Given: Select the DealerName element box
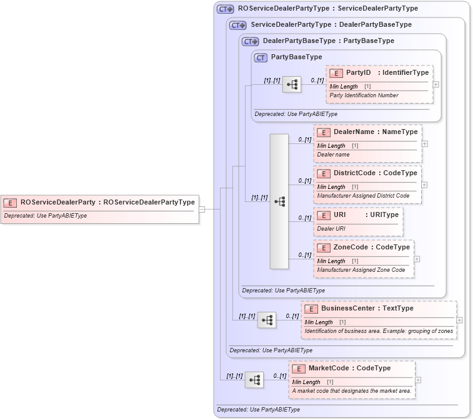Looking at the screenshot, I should click(367, 143).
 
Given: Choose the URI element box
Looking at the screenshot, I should click(358, 221).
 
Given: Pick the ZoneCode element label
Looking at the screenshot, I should click(354, 247).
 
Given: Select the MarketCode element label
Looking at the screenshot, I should click(339, 368).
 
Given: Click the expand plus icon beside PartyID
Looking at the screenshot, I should click(436, 84).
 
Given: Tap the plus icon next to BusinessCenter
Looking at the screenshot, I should click(459, 320).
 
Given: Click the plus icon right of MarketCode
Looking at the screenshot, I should click(418, 380).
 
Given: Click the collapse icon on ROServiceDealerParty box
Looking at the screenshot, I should click(202, 209).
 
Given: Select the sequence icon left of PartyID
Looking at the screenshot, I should click(291, 84).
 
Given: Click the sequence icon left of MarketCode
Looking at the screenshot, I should click(254, 380).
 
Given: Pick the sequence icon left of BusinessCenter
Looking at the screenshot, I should click(267, 320).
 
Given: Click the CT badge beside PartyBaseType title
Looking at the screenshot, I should click(261, 57).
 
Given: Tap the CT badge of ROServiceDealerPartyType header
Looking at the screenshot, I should click(226, 9).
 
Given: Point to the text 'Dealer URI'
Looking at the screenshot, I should click(331, 229).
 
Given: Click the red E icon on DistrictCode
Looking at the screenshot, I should click(323, 173).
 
